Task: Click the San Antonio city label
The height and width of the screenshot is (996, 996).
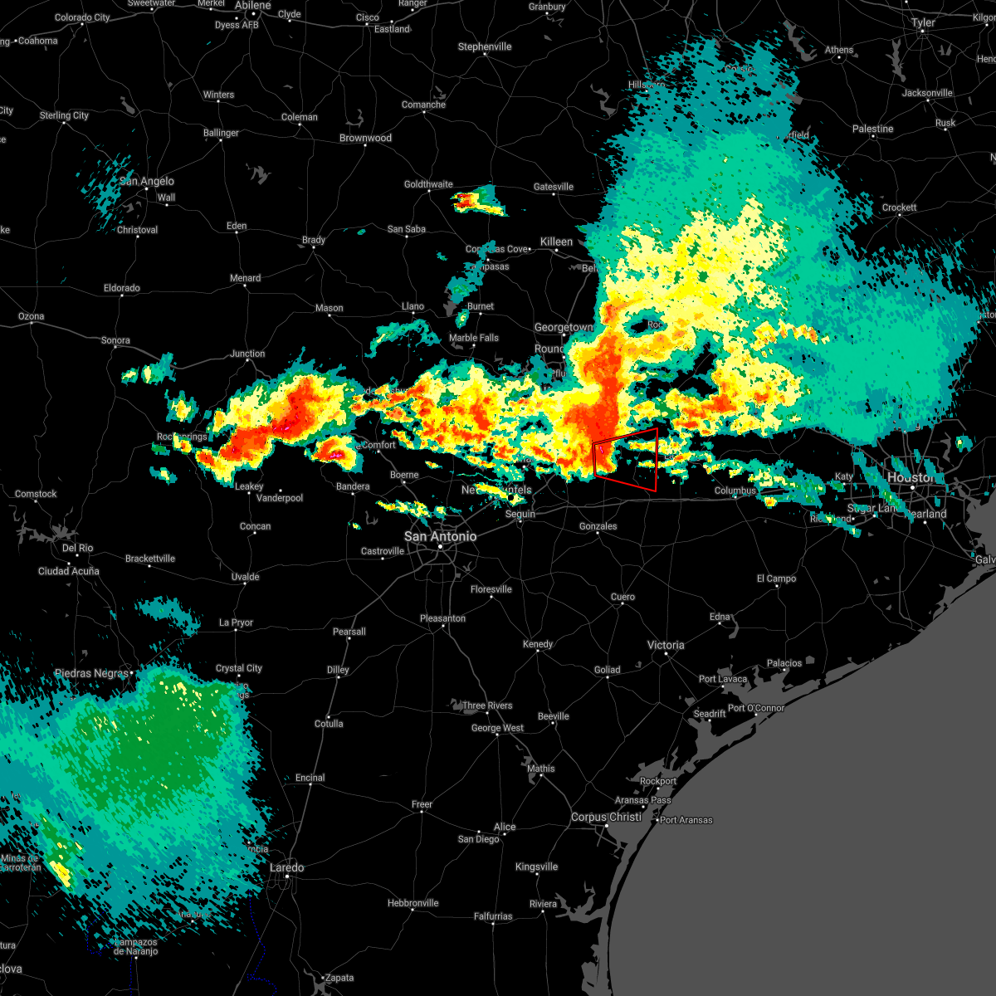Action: click(x=440, y=536)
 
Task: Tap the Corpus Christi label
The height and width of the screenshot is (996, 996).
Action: click(x=606, y=817)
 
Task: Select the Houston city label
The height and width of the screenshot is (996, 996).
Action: click(x=911, y=477)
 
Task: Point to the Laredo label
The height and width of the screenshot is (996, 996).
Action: click(x=287, y=867)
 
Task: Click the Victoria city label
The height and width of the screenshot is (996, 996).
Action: click(x=666, y=645)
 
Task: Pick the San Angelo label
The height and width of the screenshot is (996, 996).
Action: click(x=147, y=181)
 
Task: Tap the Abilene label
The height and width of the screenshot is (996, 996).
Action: click(x=252, y=5)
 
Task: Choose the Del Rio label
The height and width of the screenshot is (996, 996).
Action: click(x=77, y=548)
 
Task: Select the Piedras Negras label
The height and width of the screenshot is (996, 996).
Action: click(x=92, y=673)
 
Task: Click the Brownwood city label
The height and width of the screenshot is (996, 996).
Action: click(x=365, y=138)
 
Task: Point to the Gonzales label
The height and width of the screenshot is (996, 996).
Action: click(x=598, y=526)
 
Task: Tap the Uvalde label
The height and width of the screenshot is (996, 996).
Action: click(x=245, y=577)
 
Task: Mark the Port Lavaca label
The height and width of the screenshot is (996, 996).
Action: click(x=723, y=679)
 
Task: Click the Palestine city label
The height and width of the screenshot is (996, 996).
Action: click(x=872, y=129)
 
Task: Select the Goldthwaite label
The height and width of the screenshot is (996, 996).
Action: click(x=428, y=184)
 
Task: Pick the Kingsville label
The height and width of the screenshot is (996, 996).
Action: click(x=536, y=867)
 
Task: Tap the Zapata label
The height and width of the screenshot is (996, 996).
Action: click(x=339, y=978)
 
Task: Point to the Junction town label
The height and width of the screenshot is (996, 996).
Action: click(x=247, y=354)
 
